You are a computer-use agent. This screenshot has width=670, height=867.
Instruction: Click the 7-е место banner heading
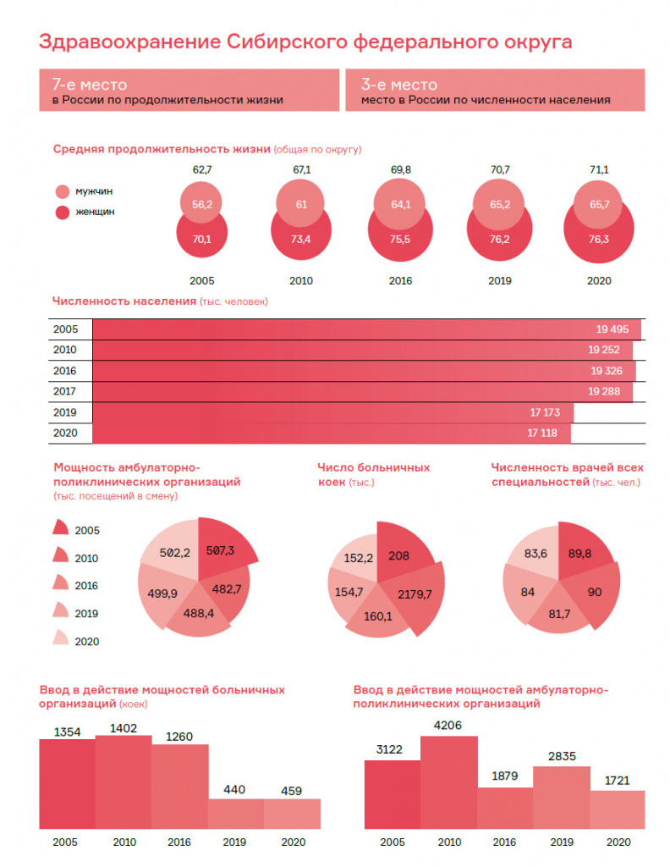(x=90, y=84)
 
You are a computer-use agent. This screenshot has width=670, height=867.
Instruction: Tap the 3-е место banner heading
(x=398, y=84)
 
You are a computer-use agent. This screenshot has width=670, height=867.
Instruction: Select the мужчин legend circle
(x=63, y=191)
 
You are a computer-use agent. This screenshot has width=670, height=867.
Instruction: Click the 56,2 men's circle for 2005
(x=201, y=202)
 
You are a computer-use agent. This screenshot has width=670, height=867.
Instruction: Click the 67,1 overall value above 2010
(x=301, y=169)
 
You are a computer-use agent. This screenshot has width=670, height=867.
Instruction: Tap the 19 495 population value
(x=612, y=329)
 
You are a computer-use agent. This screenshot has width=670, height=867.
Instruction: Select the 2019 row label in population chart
(x=64, y=412)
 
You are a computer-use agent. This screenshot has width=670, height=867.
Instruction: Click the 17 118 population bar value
(x=542, y=433)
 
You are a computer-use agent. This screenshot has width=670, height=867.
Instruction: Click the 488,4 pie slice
(x=199, y=611)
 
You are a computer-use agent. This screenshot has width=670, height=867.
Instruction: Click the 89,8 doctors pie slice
(x=581, y=553)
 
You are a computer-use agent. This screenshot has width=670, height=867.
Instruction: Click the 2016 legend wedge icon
(x=60, y=583)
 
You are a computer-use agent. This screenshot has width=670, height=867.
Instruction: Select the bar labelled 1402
(x=124, y=781)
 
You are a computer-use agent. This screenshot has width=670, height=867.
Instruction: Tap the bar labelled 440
(x=236, y=814)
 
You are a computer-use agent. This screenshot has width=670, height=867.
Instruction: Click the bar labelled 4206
(x=448, y=782)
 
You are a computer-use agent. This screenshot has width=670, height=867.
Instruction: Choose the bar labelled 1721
(x=618, y=809)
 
